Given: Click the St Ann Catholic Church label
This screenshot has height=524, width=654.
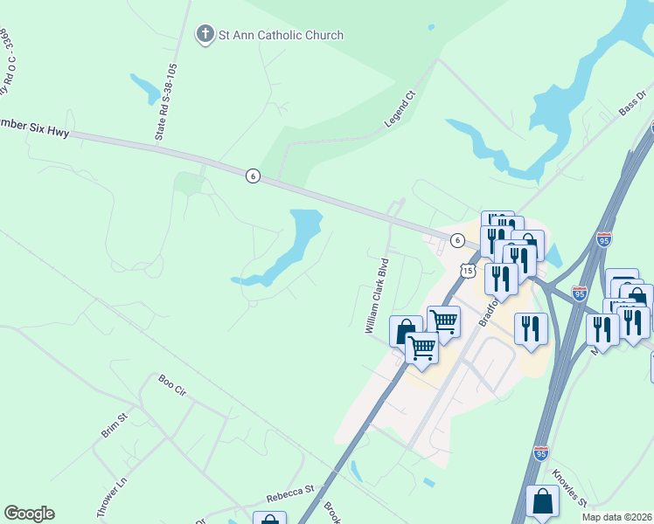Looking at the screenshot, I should pyautogui.click(x=281, y=35).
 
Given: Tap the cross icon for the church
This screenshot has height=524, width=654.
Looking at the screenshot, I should pyautogui.click(x=205, y=35).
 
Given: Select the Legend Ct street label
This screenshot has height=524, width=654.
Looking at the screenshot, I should pyautogui.click(x=399, y=109).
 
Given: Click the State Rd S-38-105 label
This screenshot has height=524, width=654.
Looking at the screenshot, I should pyautogui.click(x=166, y=101).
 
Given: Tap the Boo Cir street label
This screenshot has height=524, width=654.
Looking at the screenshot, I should pyautogui.click(x=172, y=385).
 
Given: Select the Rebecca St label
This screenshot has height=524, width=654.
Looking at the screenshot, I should pyautogui.click(x=290, y=493).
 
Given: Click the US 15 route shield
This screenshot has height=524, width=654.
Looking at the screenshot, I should pyautogui.click(x=468, y=272).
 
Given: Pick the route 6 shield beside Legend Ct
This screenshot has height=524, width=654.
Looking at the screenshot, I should pyautogui.click(x=253, y=176).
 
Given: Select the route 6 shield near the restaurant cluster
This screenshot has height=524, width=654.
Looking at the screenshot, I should pyautogui.click(x=456, y=239).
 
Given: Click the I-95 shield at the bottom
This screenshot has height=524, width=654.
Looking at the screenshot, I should pyautogui.click(x=541, y=453).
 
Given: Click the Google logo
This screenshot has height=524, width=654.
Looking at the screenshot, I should pyautogui.click(x=29, y=514).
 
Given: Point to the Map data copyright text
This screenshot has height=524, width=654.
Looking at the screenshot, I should pyautogui.click(x=617, y=517).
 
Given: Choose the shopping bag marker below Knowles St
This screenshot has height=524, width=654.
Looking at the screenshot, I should pyautogui.click(x=542, y=502).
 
